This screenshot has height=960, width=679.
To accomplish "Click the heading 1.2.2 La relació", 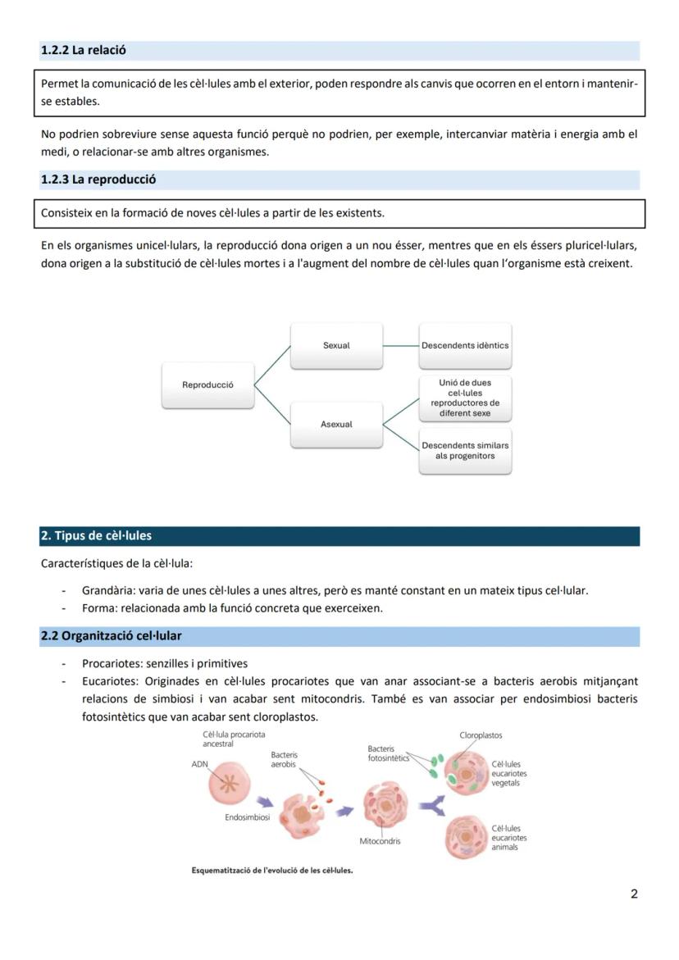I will point(84,50).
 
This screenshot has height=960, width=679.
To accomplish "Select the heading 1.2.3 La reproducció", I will point(98,180).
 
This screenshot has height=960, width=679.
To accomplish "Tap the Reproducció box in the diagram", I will point(207,384).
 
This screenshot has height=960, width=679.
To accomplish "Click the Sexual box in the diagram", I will point(336,345).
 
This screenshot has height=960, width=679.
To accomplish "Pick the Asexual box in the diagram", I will point(336,424).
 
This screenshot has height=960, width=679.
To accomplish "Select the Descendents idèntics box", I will point(465,345).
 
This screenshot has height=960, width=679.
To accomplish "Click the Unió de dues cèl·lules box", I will point(465,398).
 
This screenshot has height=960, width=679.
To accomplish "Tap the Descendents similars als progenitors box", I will point(465,450).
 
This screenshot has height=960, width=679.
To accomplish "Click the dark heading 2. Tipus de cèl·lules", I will point(96,536).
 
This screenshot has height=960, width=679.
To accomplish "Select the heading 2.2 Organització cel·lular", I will point(112,636).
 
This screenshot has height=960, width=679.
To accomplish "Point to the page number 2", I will point(634,894).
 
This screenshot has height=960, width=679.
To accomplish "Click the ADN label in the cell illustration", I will point(199,763).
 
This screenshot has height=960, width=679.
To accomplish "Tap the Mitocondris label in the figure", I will point(380,841).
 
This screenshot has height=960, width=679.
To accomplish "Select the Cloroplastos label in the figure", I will point(481,735).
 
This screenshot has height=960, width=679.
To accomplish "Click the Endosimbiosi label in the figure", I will point(247,817).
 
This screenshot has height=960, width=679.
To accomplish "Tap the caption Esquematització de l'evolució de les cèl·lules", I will point(271,871).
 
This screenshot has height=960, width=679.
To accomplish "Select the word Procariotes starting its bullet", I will point(110,664).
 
